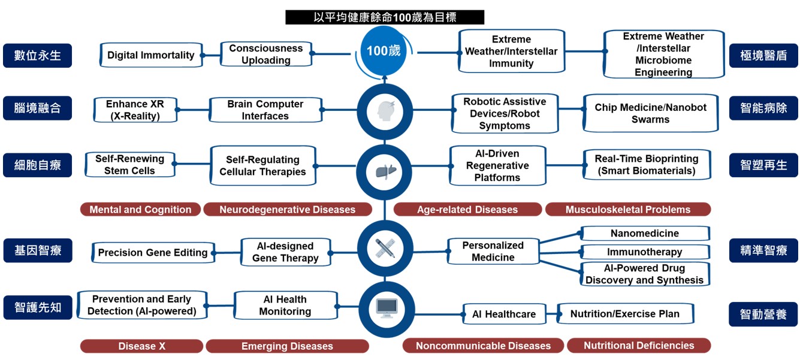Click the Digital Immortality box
click(x=151, y=55)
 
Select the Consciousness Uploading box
click(x=266, y=55)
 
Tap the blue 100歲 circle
click(x=384, y=51)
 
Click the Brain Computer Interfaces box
click(x=265, y=110)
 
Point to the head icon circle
click(x=385, y=112)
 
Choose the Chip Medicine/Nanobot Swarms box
click(x=650, y=113)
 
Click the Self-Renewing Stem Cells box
click(x=129, y=165)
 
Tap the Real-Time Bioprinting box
click(x=646, y=165)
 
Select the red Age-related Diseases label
click(x=467, y=210)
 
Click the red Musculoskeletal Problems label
click(x=627, y=210)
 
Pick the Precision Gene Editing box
click(x=153, y=253)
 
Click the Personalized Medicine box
click(x=493, y=252)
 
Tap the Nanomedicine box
click(x=645, y=234)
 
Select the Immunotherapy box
click(x=645, y=252)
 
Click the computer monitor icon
click(x=386, y=307)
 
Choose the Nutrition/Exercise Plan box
click(x=625, y=314)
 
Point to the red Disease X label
click(x=141, y=346)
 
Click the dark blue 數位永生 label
click(x=37, y=56)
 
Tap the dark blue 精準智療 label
click(x=763, y=250)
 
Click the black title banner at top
click(x=385, y=17)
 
